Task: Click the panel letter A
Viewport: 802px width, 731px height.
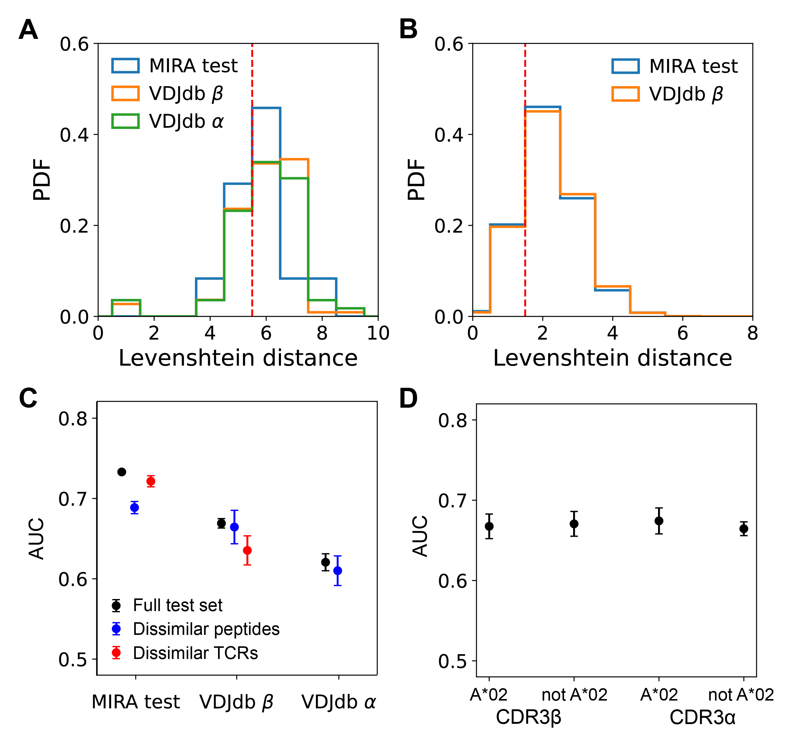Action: coord(28,30)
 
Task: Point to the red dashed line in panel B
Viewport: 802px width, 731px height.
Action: coord(525,179)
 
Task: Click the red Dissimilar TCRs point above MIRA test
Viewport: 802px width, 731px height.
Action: coord(151,482)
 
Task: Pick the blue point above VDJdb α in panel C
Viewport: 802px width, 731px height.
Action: coord(338,571)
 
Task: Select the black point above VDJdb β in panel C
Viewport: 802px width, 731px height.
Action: coord(222,523)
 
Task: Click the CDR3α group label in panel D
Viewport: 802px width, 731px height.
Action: coord(703,717)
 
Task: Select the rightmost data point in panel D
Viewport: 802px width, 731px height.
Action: coord(744,529)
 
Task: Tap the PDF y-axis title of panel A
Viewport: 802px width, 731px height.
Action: coord(42,180)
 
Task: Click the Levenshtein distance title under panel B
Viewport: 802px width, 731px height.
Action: coord(612,358)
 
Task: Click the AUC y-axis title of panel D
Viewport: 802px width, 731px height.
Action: coord(420,536)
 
